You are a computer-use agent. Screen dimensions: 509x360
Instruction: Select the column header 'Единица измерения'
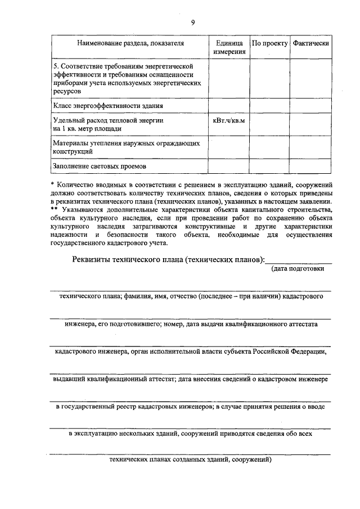click(229, 47)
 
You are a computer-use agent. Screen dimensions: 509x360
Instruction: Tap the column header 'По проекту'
click(269, 43)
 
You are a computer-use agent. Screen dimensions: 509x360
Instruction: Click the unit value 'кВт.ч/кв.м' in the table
click(229, 120)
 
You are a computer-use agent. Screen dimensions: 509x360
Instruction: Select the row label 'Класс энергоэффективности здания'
click(109, 105)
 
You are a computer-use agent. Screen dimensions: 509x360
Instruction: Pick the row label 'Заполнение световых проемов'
click(100, 167)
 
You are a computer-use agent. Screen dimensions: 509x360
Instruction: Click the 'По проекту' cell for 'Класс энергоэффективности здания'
click(269, 105)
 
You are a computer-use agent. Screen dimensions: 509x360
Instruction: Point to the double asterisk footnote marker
click(53, 209)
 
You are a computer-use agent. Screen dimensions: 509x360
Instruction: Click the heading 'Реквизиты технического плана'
click(168, 259)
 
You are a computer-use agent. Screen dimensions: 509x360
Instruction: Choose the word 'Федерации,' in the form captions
click(307, 352)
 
